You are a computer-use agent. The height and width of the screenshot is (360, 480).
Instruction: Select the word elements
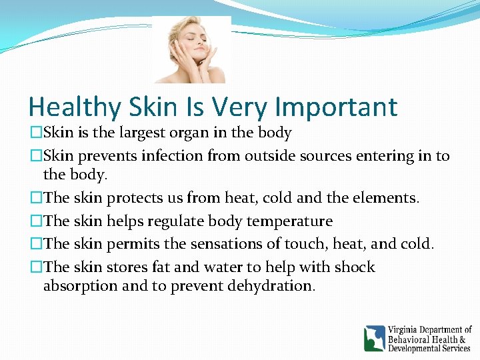(x=385, y=198)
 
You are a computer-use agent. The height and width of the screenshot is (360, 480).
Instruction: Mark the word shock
(x=354, y=267)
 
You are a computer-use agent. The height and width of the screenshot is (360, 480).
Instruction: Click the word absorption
(x=74, y=286)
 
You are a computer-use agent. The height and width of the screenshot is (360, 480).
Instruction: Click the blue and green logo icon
(x=374, y=339)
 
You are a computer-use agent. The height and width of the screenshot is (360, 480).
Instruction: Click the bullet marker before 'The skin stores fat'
(x=36, y=267)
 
